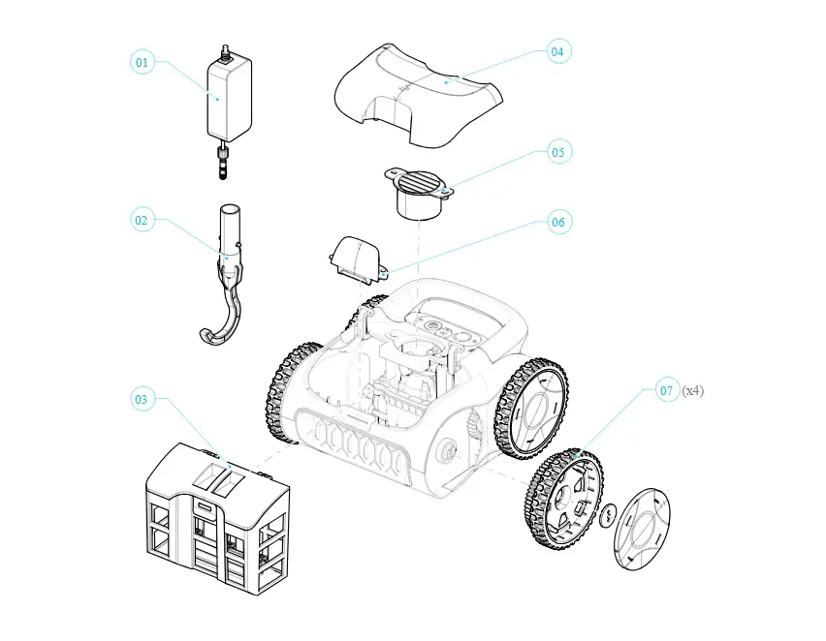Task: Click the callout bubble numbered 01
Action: (x=143, y=62)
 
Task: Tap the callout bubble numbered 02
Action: (x=142, y=220)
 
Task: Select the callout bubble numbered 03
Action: (x=142, y=399)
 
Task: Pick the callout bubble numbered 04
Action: (x=557, y=51)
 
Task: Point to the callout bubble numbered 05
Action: (x=558, y=152)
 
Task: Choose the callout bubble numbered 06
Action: (x=558, y=222)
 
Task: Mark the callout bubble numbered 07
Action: (x=667, y=390)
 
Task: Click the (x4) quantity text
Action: (x=693, y=390)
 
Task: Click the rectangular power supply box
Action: (x=229, y=100)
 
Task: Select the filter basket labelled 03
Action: (x=217, y=518)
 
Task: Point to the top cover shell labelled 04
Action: (x=419, y=95)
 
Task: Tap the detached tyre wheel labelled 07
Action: (x=563, y=499)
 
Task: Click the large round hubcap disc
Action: (x=642, y=529)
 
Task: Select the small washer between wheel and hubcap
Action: (x=609, y=513)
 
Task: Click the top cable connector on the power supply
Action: (x=227, y=53)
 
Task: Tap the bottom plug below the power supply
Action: (x=223, y=163)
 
